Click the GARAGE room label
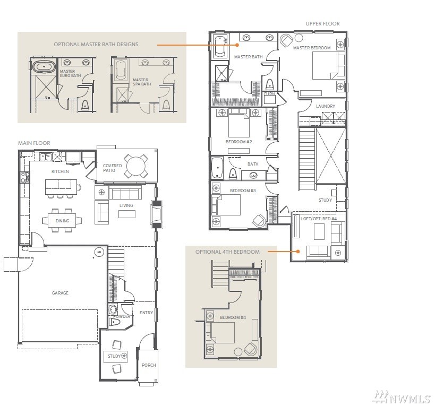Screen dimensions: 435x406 pyautogui.click(x=60, y=293)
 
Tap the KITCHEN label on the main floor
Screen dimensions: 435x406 pyautogui.click(x=60, y=171)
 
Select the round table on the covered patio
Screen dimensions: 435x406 pyautogui.click(x=135, y=166)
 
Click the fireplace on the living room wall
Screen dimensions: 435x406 pyautogui.click(x=156, y=214)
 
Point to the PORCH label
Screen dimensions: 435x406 pyautogui.click(x=149, y=365)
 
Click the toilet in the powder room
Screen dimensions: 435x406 pyautogui.click(x=114, y=322)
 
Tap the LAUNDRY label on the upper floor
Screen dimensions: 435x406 pyautogui.click(x=326, y=106)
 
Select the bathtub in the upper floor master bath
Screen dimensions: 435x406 pyautogui.click(x=221, y=46)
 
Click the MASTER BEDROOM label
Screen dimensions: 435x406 pyautogui.click(x=312, y=48)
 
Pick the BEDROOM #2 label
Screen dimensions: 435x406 pyautogui.click(x=239, y=142)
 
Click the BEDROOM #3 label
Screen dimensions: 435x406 pyautogui.click(x=243, y=191)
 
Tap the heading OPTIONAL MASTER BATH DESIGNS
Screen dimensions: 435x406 pyautogui.click(x=96, y=45)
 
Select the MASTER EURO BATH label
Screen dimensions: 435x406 pyautogui.click(x=71, y=73)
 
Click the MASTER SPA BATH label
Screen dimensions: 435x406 pyautogui.click(x=142, y=82)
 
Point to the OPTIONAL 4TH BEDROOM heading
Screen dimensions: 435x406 pyautogui.click(x=227, y=252)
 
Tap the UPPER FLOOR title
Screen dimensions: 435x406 pyautogui.click(x=322, y=24)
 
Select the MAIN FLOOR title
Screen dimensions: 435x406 pyautogui.click(x=34, y=143)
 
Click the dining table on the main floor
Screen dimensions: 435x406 pyautogui.click(x=62, y=221)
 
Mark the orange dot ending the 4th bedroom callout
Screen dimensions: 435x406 pyautogui.click(x=297, y=252)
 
